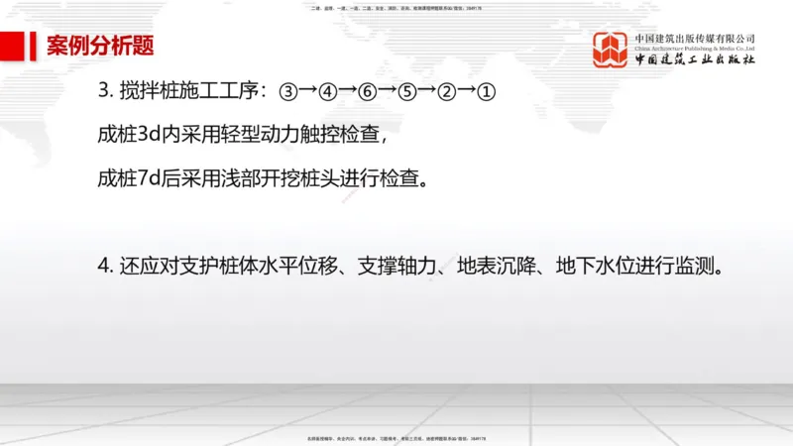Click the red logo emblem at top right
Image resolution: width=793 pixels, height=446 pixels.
pos(611,50)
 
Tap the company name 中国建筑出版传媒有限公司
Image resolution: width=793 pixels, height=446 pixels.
pos(695,38)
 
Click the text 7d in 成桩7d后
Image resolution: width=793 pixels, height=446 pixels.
pos(149,180)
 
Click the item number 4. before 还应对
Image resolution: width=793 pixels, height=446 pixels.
pos(104,268)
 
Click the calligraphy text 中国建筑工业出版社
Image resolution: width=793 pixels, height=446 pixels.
pos(695,59)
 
